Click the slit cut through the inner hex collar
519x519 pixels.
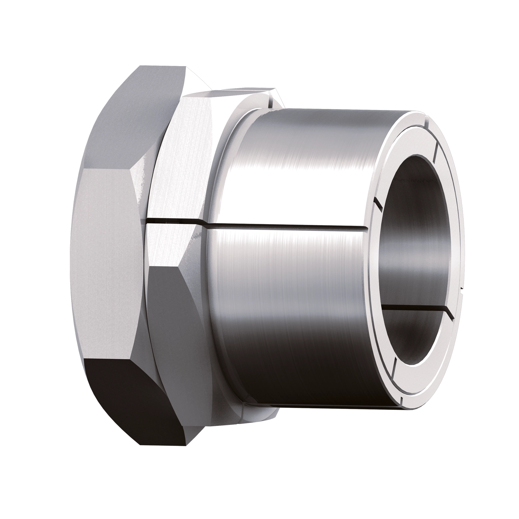point(173,222)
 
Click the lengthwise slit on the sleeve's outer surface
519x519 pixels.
point(287,227)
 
